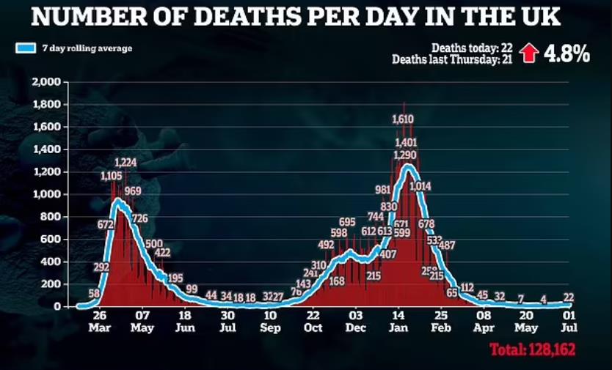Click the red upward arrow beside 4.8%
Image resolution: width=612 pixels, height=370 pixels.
click(528, 54)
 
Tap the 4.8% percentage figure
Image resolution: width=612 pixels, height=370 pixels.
click(567, 54)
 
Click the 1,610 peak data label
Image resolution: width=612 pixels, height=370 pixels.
click(404, 119)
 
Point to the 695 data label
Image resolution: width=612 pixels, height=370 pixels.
click(347, 222)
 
